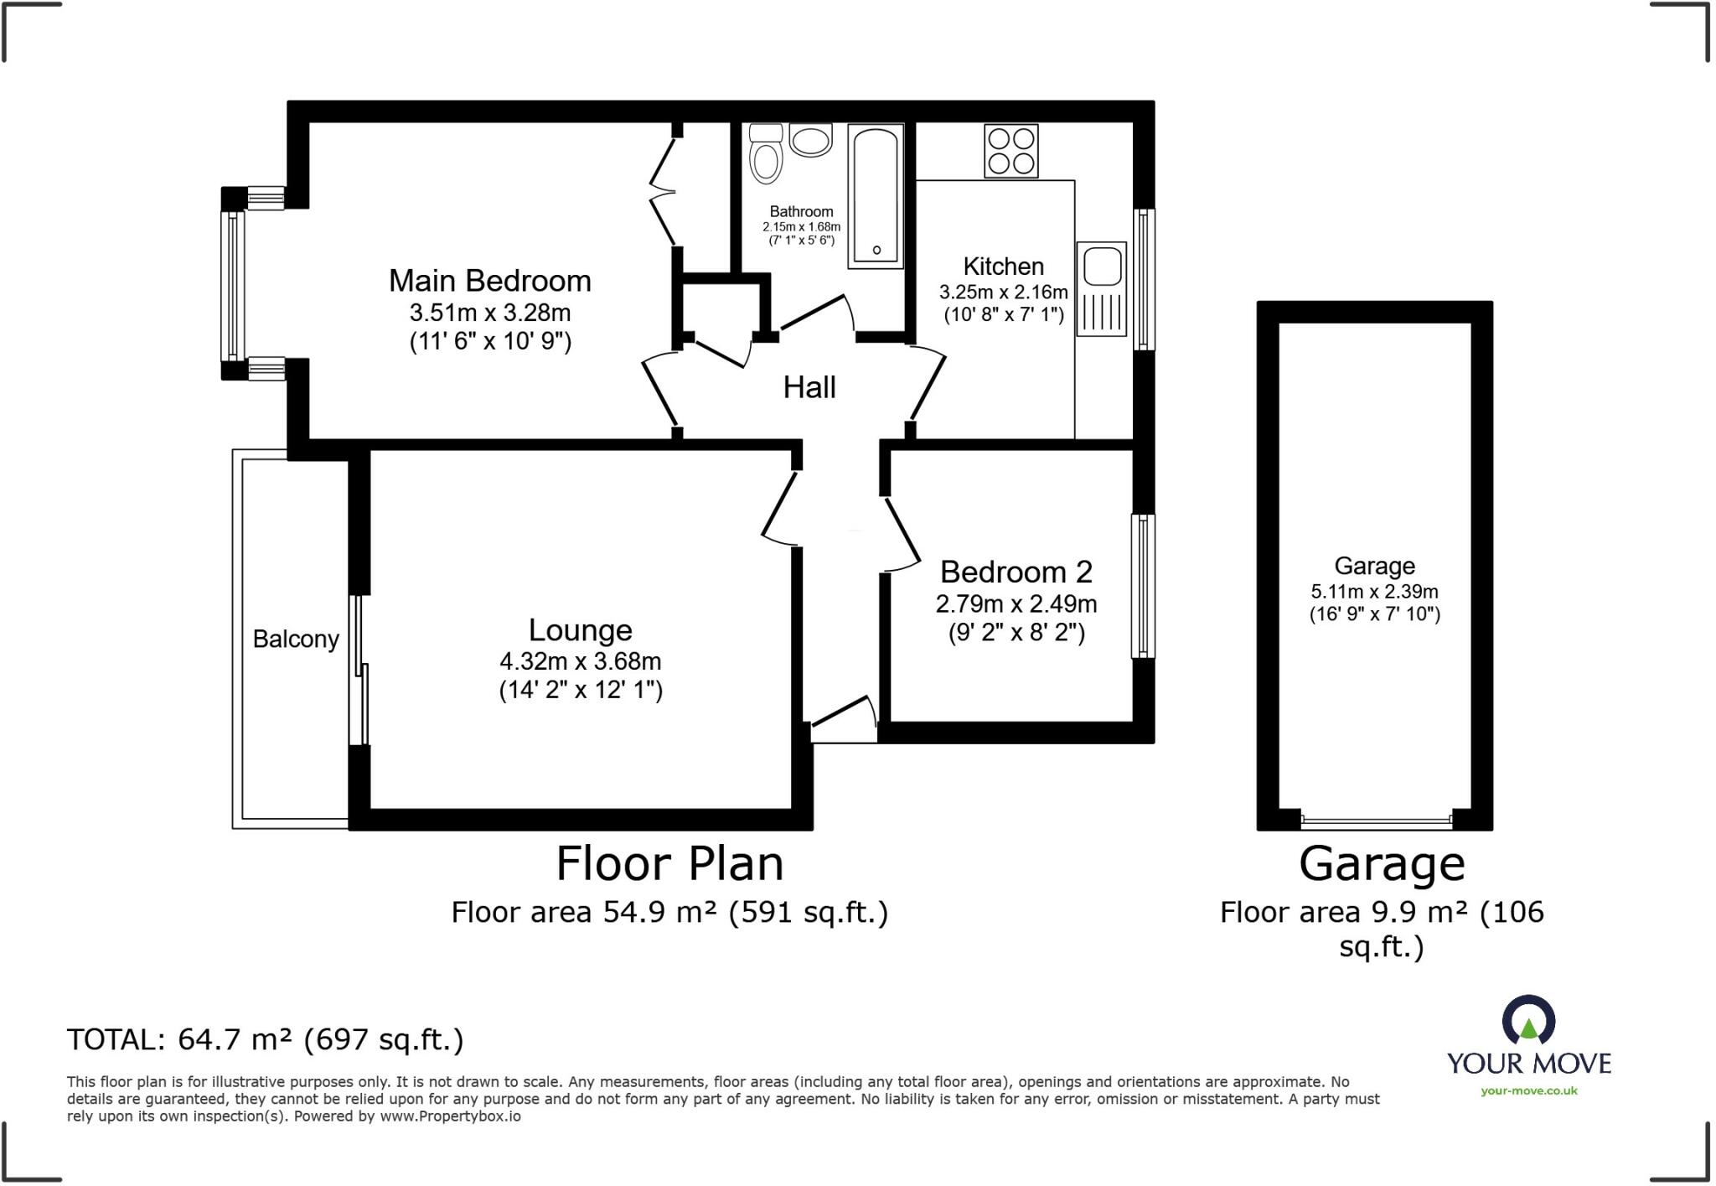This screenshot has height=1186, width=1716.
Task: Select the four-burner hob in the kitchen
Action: [x=1011, y=151]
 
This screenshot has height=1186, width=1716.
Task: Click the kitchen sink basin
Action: [x=1102, y=267]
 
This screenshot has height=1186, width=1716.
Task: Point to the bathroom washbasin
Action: [x=810, y=140]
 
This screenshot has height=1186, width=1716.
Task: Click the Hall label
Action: [x=809, y=387]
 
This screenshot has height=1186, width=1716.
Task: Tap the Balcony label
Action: [x=296, y=639]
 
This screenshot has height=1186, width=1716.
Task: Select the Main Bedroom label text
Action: [x=490, y=281]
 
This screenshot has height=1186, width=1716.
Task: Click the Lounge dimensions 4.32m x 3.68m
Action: [x=581, y=661]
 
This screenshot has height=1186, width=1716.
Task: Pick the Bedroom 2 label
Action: [x=1016, y=572]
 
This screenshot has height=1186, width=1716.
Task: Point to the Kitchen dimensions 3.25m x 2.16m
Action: [x=1003, y=293]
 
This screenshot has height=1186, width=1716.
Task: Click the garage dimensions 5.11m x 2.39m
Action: [x=1374, y=591]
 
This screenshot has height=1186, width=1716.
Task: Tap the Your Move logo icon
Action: [x=1529, y=1021]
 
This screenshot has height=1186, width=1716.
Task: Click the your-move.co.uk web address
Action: [x=1529, y=1090]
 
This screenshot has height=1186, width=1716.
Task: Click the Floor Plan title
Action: [x=669, y=863]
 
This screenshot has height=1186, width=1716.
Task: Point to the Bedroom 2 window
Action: [x=1143, y=585]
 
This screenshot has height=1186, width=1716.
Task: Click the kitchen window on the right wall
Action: [x=1144, y=278]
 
